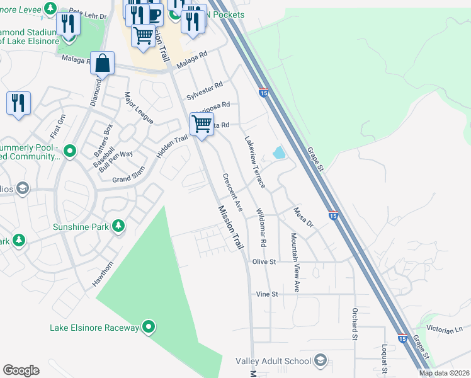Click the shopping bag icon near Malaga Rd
[102, 63]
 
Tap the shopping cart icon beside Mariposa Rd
[201, 124]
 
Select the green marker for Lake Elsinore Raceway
[149, 326]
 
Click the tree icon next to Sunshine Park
[118, 226]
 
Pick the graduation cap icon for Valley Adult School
[320, 360]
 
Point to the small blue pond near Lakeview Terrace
[278, 152]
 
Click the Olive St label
[264, 261]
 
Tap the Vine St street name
[267, 294]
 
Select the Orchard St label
[355, 324]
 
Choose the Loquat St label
[383, 357]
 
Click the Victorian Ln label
[445, 330]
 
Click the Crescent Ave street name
[232, 193]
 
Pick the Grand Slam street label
[130, 178]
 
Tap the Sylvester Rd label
[205, 91]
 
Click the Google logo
[21, 370]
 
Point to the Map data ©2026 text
[443, 373]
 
